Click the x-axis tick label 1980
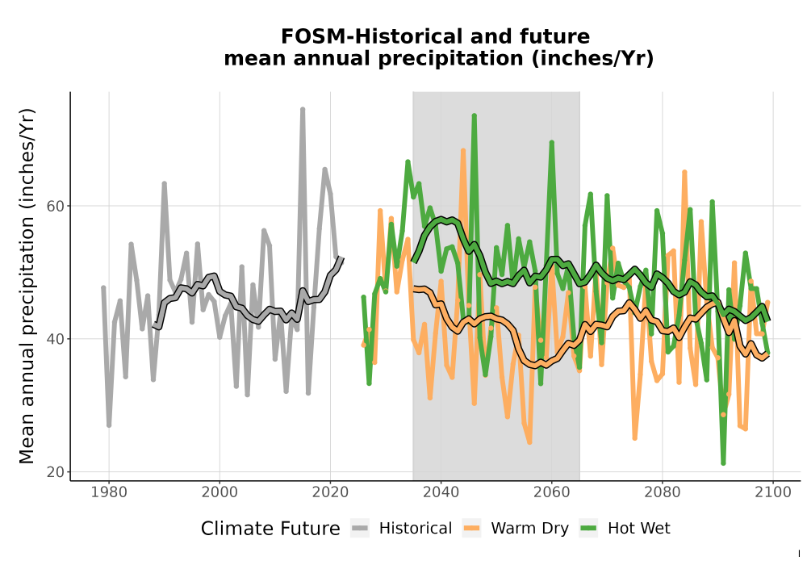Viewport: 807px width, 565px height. click(x=109, y=492)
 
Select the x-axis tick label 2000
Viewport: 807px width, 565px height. click(x=220, y=492)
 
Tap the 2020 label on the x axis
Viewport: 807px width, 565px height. click(x=330, y=492)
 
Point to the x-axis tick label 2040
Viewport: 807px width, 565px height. click(x=441, y=492)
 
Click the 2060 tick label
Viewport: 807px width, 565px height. click(x=552, y=492)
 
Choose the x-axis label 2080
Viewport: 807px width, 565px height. click(x=663, y=492)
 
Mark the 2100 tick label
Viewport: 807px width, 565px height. click(x=773, y=492)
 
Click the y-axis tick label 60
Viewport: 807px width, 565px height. click(x=56, y=207)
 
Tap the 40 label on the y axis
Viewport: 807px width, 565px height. click(x=56, y=339)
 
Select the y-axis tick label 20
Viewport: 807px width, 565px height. click(x=56, y=472)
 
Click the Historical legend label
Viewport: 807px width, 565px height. click(x=416, y=529)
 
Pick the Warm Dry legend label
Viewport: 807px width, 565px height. click(x=529, y=529)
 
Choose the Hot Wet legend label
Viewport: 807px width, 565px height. click(x=638, y=529)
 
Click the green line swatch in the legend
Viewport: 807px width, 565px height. click(x=588, y=529)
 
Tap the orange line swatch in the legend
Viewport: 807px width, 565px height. click(x=471, y=529)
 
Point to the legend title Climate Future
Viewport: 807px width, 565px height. click(x=270, y=529)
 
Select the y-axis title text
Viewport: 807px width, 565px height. click(x=27, y=286)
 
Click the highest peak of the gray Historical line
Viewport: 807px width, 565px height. click(x=303, y=109)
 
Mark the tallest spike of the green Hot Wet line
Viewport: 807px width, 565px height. click(x=474, y=115)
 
